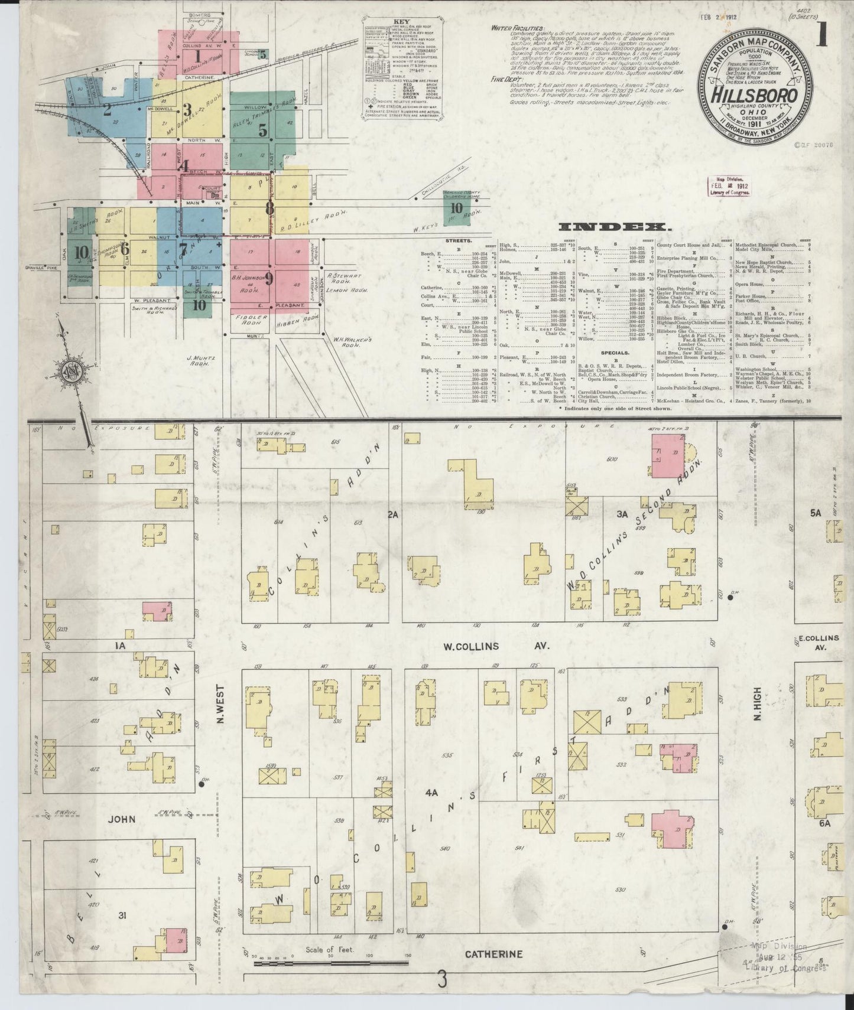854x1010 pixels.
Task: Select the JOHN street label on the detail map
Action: [x=121, y=819]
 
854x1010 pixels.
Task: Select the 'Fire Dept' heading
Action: [x=506, y=79]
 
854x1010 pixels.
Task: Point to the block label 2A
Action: [x=392, y=514]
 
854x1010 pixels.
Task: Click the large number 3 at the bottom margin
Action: [x=441, y=982]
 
